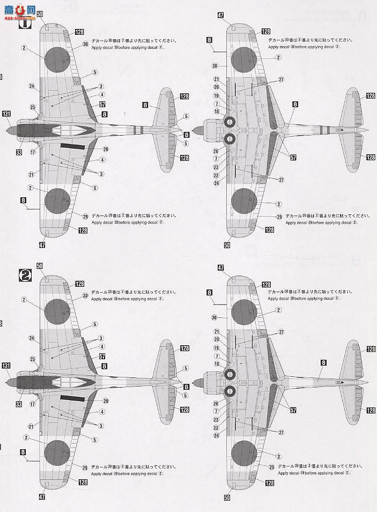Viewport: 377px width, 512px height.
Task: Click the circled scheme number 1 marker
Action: point(25,24)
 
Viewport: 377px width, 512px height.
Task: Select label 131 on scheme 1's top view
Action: point(6,114)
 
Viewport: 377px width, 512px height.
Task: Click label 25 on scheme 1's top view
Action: point(33,107)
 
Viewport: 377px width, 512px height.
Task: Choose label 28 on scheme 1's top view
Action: point(106,149)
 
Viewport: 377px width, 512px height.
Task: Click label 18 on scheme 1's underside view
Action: point(217,112)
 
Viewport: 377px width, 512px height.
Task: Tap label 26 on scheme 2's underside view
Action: point(216,404)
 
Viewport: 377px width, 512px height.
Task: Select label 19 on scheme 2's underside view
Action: point(217,347)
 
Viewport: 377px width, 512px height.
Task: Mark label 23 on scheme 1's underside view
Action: point(217,167)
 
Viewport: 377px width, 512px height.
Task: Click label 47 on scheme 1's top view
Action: point(42,244)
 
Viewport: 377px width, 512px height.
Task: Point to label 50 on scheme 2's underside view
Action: point(227,498)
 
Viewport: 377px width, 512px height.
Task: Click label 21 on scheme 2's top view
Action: point(32,426)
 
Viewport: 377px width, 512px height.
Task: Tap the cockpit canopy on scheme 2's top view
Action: point(67,381)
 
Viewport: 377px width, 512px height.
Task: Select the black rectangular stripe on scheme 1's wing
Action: point(73,146)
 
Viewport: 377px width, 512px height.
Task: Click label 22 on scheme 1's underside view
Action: point(217,175)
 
